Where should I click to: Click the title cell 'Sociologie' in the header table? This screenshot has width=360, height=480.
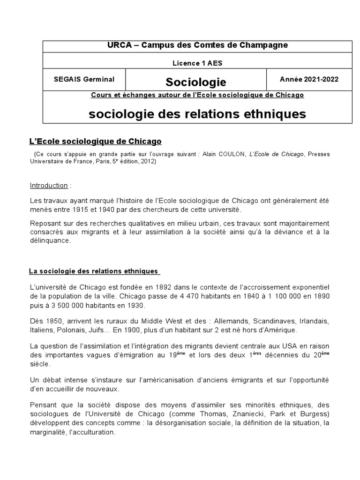pos(196,82)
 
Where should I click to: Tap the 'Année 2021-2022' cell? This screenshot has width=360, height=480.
pos(309,79)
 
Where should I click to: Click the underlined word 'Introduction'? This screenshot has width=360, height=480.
pos(49,185)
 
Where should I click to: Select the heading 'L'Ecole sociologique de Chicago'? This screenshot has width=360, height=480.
pos(96,141)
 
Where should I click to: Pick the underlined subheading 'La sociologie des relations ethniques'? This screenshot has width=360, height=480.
pos(94,271)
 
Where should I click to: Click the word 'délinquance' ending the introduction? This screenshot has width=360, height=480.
pos(49,240)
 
